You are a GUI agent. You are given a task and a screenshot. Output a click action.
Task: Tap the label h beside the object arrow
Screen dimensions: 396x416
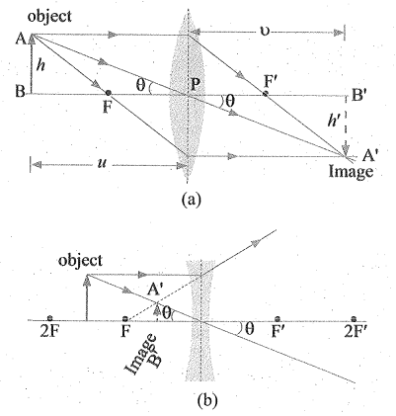click(x=40, y=65)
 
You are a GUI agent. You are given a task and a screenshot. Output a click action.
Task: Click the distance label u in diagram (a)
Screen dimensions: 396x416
click(x=103, y=163)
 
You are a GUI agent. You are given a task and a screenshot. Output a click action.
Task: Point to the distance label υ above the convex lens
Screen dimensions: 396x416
click(x=266, y=32)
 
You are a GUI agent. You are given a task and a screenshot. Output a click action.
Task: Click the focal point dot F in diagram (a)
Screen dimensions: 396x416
click(x=109, y=93)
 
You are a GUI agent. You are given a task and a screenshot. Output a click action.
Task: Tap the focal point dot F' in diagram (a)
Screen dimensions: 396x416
click(x=266, y=94)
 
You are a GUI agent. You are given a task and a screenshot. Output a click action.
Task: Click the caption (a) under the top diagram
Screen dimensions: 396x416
click(x=191, y=199)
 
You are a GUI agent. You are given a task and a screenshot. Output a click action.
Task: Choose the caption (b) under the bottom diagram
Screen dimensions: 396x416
click(x=207, y=399)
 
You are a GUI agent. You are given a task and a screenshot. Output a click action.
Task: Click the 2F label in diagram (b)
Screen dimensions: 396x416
click(x=49, y=331)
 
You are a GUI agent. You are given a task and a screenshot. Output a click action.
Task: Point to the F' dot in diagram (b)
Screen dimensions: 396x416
click(x=277, y=318)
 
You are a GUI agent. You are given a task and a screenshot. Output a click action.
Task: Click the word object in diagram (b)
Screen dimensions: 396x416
click(x=80, y=261)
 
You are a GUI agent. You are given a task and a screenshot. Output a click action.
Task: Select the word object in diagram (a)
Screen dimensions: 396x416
click(x=49, y=16)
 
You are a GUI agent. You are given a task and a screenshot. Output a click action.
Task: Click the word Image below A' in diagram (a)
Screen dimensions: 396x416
click(x=351, y=171)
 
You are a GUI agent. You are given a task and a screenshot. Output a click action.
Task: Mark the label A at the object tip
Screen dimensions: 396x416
click(x=21, y=40)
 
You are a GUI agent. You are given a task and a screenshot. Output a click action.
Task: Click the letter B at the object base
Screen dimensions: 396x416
click(x=20, y=92)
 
